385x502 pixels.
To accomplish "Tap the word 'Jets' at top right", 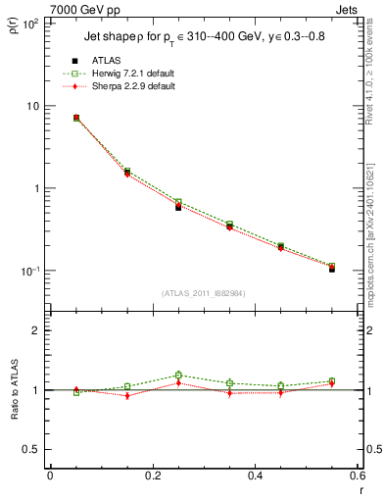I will [347, 9].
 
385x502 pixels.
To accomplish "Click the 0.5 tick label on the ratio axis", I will [31, 449].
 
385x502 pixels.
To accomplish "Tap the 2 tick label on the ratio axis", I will [36, 331].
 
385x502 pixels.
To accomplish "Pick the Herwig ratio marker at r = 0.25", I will [178, 375].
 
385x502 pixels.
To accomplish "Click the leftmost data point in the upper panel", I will [76, 118].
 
